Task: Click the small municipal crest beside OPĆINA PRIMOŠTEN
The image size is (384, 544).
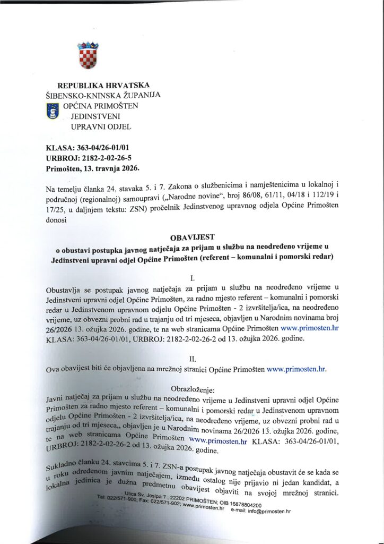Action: pyautogui.click(x=54, y=110)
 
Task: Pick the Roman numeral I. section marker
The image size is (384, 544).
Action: pyautogui.click(x=192, y=276)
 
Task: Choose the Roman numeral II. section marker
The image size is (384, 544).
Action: pyautogui.click(x=193, y=359)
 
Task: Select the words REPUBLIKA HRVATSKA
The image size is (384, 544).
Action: pyautogui.click(x=103, y=85)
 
